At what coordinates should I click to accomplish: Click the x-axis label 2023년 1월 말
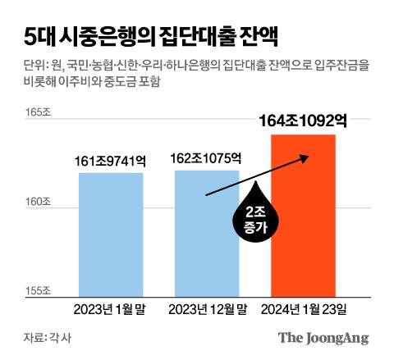(112, 309)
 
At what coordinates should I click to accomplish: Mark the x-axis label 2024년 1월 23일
(303, 309)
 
